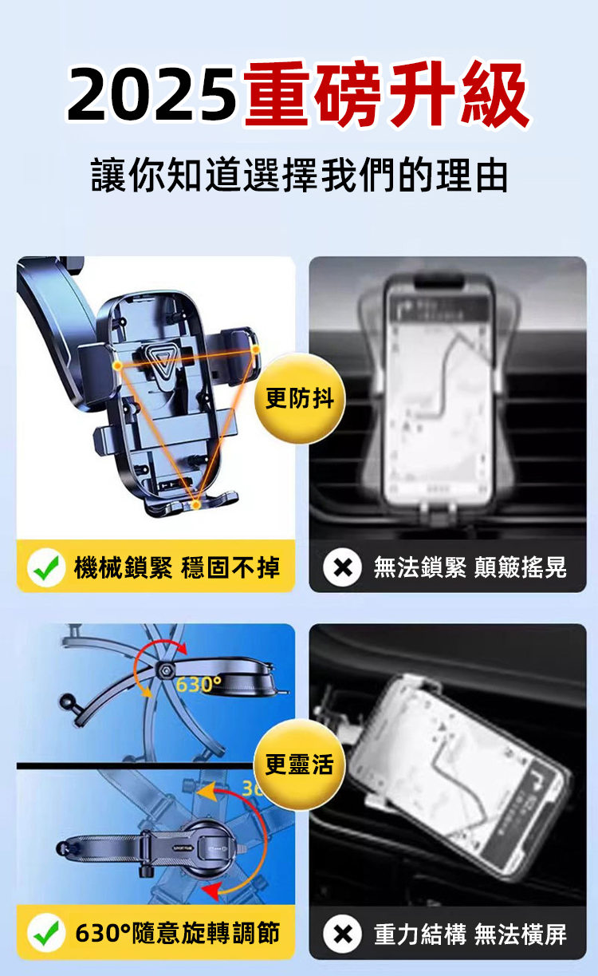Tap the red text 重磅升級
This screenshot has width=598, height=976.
pyautogui.click(x=387, y=93)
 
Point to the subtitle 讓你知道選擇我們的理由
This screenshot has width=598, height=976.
pyautogui.click(x=300, y=175)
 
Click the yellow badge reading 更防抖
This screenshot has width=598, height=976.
pyautogui.click(x=300, y=399)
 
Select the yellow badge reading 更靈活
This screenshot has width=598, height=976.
pyautogui.click(x=300, y=765)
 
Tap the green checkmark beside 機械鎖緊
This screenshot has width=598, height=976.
pyautogui.click(x=46, y=567)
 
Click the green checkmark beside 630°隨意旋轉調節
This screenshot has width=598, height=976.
pyautogui.click(x=46, y=933)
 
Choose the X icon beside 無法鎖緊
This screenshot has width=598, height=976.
pyautogui.click(x=343, y=567)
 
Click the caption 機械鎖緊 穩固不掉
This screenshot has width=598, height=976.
pyautogui.click(x=177, y=567)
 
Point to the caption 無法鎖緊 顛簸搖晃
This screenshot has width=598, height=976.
pyautogui.click(x=470, y=567)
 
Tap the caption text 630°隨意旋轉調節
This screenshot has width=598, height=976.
pyautogui.click(x=177, y=933)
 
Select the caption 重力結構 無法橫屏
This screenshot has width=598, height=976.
pyautogui.click(x=470, y=935)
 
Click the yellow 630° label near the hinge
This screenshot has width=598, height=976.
pyautogui.click(x=199, y=685)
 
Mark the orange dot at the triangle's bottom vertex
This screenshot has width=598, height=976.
pyautogui.click(x=196, y=504)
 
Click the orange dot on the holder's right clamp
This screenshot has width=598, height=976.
pyautogui.click(x=255, y=349)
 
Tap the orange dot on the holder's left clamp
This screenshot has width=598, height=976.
pyautogui.click(x=117, y=366)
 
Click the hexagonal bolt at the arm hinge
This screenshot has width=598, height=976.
pyautogui.click(x=164, y=670)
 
